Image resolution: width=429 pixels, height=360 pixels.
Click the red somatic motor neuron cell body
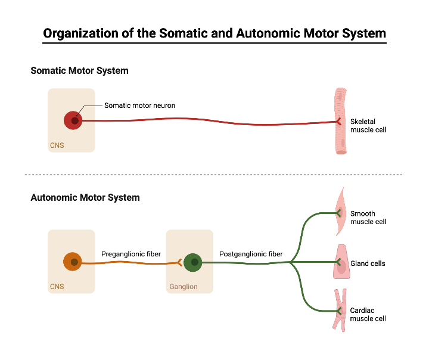[73, 120]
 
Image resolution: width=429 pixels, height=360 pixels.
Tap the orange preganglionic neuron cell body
[73, 262]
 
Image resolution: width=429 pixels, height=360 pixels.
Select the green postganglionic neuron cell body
[193, 262]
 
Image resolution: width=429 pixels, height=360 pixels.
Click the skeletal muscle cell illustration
[341, 121]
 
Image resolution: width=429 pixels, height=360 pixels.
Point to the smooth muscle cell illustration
[341, 212]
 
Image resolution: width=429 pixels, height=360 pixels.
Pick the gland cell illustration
[341, 263]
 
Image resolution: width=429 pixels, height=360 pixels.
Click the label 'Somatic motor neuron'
[139, 105]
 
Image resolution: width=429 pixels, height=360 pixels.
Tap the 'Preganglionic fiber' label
[130, 254]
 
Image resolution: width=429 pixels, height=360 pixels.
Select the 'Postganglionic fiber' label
[251, 254]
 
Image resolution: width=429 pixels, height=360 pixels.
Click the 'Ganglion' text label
[183, 287]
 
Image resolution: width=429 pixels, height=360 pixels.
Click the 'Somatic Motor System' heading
[79, 71]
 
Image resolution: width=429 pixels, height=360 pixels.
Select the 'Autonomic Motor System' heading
[85, 197]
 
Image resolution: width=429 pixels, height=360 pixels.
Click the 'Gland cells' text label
[368, 263]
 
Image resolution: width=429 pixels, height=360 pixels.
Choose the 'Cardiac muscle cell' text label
[368, 315]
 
